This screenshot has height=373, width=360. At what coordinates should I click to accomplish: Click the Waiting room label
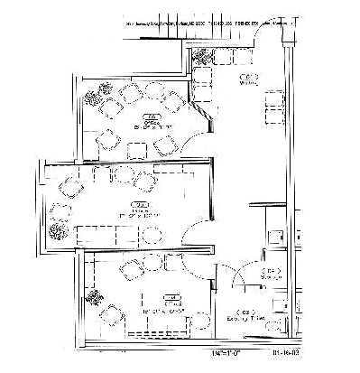(245, 79)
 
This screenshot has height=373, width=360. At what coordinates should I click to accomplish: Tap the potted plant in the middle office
(60, 230)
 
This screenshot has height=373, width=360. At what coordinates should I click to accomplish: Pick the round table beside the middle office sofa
(149, 237)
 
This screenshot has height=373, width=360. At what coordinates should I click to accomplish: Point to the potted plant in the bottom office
(94, 294)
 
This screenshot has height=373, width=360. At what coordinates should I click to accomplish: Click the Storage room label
(271, 273)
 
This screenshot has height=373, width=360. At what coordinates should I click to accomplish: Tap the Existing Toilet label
(265, 316)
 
